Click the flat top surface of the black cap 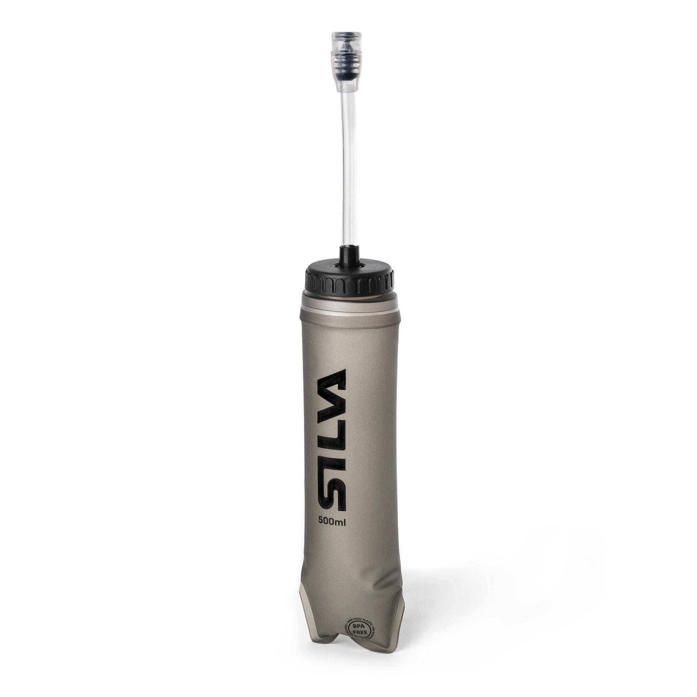point(372,269)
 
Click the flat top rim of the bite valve point(346,34)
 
